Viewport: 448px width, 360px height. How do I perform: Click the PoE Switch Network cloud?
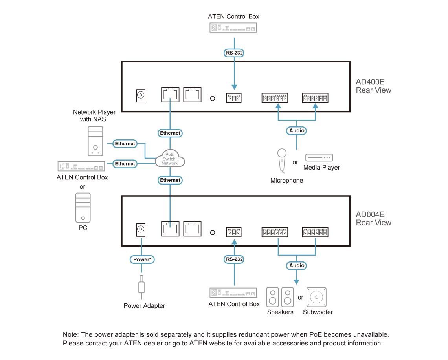170,159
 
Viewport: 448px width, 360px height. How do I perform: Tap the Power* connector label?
142,259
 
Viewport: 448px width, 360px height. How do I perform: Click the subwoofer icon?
316,297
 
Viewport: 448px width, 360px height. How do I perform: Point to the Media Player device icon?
319,157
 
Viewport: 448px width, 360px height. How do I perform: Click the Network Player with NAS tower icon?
95,141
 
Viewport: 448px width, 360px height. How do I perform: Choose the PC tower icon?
83,208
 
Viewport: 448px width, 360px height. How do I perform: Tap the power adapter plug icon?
141,287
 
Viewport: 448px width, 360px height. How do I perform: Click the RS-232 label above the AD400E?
234,53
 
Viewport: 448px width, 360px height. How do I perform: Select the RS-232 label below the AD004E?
234,259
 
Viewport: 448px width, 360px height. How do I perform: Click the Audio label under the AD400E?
297,130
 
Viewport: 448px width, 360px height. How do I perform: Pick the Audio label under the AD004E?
297,265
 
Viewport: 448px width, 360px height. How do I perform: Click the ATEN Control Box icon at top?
233,28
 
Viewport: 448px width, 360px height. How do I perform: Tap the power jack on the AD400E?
141,95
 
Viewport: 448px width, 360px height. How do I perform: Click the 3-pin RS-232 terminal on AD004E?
234,232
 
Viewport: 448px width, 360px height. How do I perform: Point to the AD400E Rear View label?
373,86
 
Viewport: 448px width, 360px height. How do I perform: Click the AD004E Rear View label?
373,218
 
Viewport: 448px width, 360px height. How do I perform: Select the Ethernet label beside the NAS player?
125,144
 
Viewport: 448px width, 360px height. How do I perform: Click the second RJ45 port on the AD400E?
192,95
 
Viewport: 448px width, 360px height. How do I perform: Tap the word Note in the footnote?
70,334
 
